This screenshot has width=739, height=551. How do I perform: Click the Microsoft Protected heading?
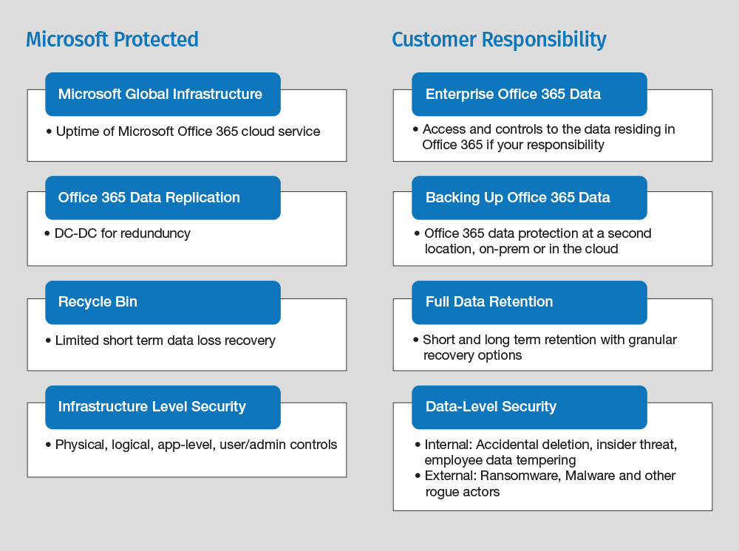pos(112,40)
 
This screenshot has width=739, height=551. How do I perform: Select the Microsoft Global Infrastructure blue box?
pos(163,95)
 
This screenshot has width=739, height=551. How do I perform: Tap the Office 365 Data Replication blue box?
pos(163,198)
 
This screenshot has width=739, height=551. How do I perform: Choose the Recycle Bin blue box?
pos(163,302)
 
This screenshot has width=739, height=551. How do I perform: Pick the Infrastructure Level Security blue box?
pos(163,408)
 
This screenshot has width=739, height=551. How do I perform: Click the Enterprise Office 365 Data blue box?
pos(529,95)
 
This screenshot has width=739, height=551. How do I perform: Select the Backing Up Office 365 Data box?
pos(529,198)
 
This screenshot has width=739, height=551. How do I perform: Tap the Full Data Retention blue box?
pos(529,302)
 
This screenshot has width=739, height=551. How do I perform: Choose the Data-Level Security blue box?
pos(529,408)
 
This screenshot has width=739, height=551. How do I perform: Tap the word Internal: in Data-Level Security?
pos(449,445)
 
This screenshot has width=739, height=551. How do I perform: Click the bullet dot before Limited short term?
pos(48,340)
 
